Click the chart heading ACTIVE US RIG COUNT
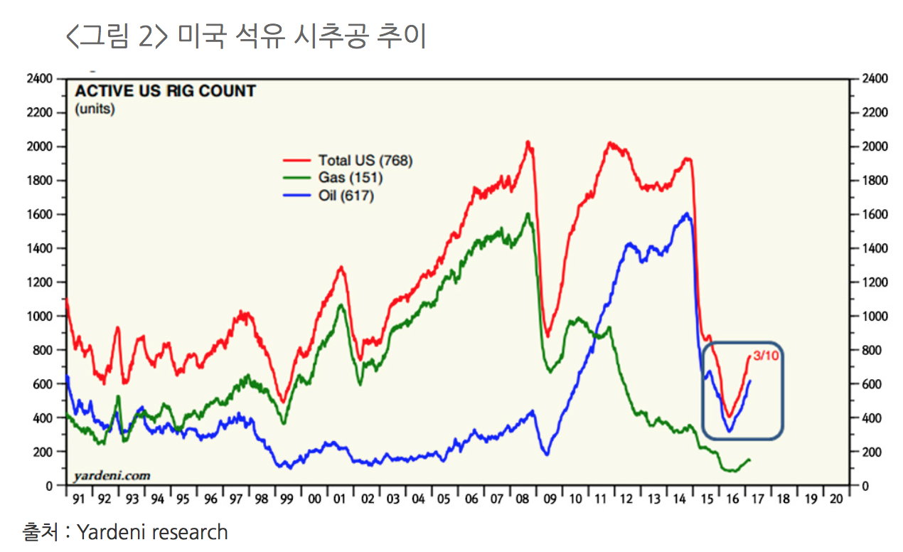[x=166, y=92]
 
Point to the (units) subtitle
[x=95, y=109]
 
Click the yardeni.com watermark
[x=112, y=475]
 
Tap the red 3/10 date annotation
[x=766, y=356]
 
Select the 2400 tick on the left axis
[x=40, y=79]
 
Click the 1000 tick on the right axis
[x=874, y=317]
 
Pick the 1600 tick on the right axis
[x=874, y=215]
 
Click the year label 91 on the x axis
[x=78, y=499]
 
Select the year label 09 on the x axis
[x=550, y=499]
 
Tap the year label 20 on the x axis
[x=836, y=499]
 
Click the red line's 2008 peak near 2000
[x=528, y=142]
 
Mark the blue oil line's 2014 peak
[x=687, y=213]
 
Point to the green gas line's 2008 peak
[x=528, y=213]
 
